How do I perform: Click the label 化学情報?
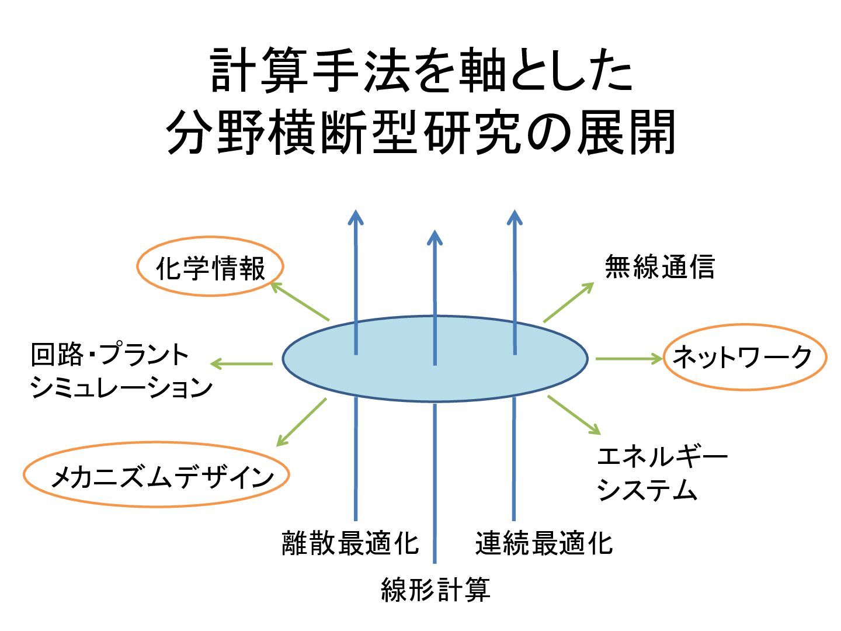tap(210, 268)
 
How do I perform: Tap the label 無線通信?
tap(659, 267)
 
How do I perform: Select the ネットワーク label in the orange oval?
tap(743, 357)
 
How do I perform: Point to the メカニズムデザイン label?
tap(162, 477)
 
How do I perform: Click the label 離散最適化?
tap(350, 543)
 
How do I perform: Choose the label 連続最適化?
tap(544, 543)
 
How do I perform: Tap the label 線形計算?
tap(435, 589)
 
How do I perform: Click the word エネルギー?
tap(662, 456)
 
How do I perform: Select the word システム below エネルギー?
tap(647, 490)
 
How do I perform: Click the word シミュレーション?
tap(121, 388)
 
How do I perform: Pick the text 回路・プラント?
tap(110, 355)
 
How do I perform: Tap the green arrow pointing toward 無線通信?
tap(568, 303)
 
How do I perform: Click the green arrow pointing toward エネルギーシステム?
tap(574, 415)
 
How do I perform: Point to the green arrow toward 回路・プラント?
tap(241, 363)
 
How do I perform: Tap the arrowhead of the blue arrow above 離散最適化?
tap(355, 217)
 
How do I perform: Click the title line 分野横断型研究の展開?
tap(420, 133)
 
